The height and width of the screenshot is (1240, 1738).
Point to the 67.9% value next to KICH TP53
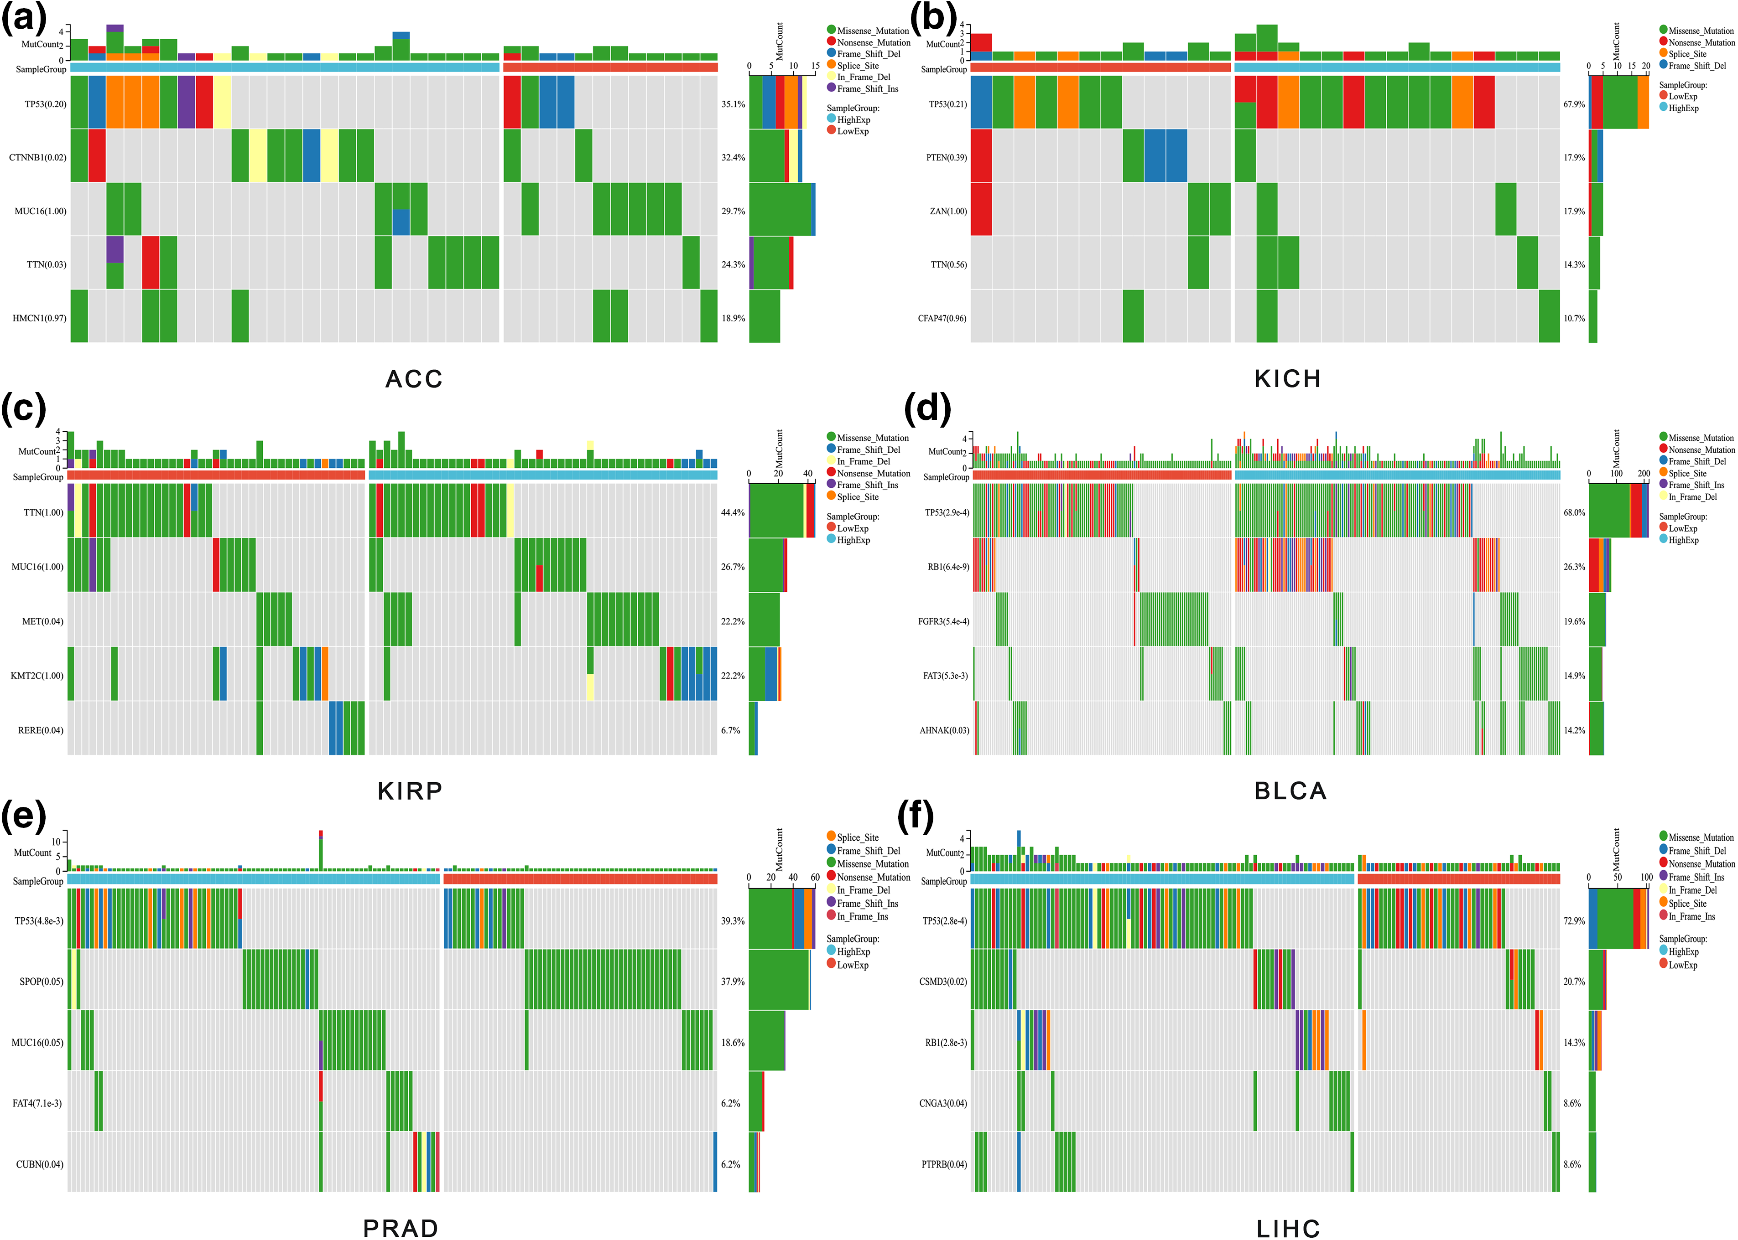[1574, 104]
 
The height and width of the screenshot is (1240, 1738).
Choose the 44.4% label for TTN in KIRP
[733, 512]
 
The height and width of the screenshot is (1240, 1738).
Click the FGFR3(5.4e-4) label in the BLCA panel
[943, 621]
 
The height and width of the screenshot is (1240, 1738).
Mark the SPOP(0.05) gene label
[41, 981]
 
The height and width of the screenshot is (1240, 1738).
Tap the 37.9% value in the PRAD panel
[733, 981]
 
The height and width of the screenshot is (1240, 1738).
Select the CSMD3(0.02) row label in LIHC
[943, 981]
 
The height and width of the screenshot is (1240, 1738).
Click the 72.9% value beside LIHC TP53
[1574, 921]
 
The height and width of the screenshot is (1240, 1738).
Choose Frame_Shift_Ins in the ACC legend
[867, 88]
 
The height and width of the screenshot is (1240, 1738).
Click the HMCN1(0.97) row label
[39, 318]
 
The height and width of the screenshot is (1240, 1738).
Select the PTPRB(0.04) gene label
[943, 1164]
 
